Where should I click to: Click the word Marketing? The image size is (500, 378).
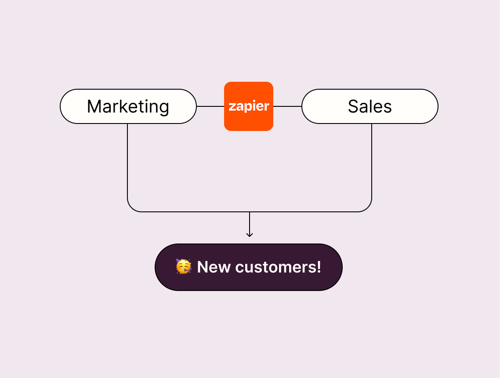point(128,107)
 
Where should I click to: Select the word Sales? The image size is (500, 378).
point(370,107)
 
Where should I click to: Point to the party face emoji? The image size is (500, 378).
point(184,267)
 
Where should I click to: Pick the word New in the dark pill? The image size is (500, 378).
point(214,267)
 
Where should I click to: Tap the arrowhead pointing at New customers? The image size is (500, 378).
point(250,235)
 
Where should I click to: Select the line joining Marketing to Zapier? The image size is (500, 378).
point(210,106)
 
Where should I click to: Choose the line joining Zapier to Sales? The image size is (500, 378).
point(287,106)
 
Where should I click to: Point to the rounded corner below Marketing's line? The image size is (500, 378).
point(131,208)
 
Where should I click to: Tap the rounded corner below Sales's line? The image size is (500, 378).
point(368,208)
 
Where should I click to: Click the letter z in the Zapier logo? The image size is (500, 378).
point(232,107)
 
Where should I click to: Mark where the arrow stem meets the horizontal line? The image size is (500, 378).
point(250,212)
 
